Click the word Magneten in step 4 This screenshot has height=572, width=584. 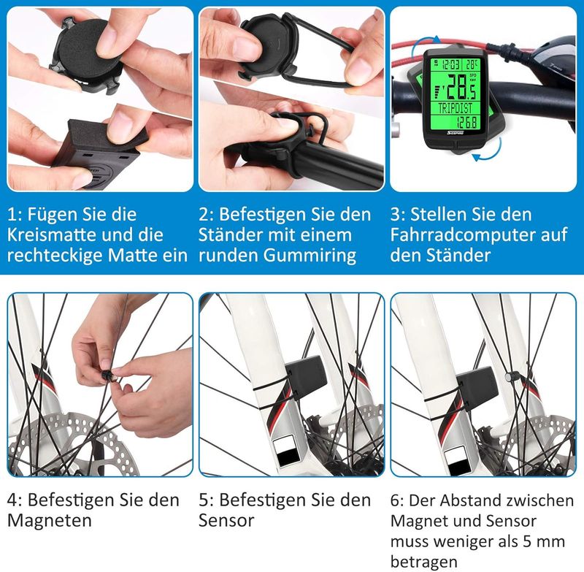(x=49, y=520)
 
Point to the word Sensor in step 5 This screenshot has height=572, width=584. (x=226, y=520)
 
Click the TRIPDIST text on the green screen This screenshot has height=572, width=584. (x=455, y=108)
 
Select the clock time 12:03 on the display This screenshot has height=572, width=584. (x=450, y=65)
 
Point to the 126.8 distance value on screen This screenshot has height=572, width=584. (x=467, y=121)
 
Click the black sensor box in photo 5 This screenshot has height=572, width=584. (x=307, y=375)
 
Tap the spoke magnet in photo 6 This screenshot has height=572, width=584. (x=508, y=377)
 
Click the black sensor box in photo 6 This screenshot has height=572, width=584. (x=477, y=386)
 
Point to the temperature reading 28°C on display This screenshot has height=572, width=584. (x=471, y=65)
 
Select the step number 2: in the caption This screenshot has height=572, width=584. (x=206, y=215)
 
